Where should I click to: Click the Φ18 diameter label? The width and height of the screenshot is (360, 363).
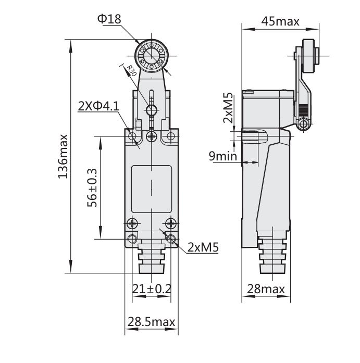coord(109,19)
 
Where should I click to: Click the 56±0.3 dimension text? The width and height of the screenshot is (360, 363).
coord(92,187)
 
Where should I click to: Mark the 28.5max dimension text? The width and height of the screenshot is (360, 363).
coord(152,322)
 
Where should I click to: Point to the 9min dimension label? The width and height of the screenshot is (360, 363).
coord(224,156)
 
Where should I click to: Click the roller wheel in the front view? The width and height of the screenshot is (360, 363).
coord(152,54)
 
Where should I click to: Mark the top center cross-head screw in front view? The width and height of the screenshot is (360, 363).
coord(152,136)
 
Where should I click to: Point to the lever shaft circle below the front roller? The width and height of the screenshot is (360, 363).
coord(152,110)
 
